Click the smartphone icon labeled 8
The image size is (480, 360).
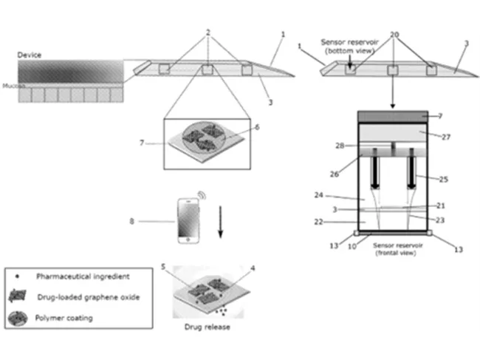click(187, 220)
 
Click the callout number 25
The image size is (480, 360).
click(445, 178)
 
